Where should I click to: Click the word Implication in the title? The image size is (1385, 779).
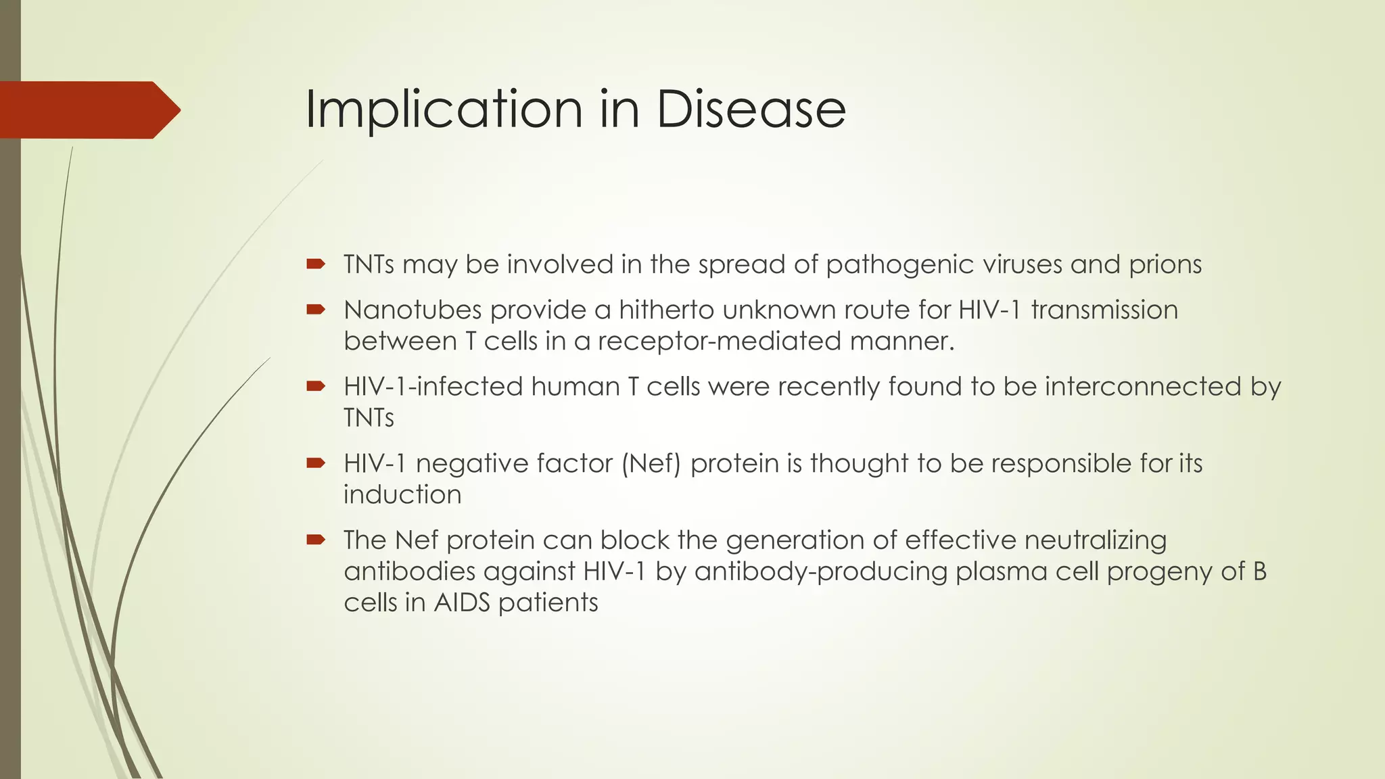(443, 110)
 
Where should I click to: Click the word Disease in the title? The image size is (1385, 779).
(751, 110)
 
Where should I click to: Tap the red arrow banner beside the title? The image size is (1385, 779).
(88, 110)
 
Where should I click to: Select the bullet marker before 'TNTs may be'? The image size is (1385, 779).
(315, 264)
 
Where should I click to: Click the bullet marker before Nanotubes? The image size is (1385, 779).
(315, 310)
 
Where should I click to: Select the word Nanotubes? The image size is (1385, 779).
(413, 310)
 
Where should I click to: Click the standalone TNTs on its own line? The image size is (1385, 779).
(369, 418)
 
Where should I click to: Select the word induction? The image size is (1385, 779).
(402, 495)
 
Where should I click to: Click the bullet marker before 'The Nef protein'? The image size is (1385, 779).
(315, 540)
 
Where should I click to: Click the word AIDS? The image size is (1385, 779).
(461, 603)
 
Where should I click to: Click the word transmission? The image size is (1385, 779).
(1104, 310)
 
